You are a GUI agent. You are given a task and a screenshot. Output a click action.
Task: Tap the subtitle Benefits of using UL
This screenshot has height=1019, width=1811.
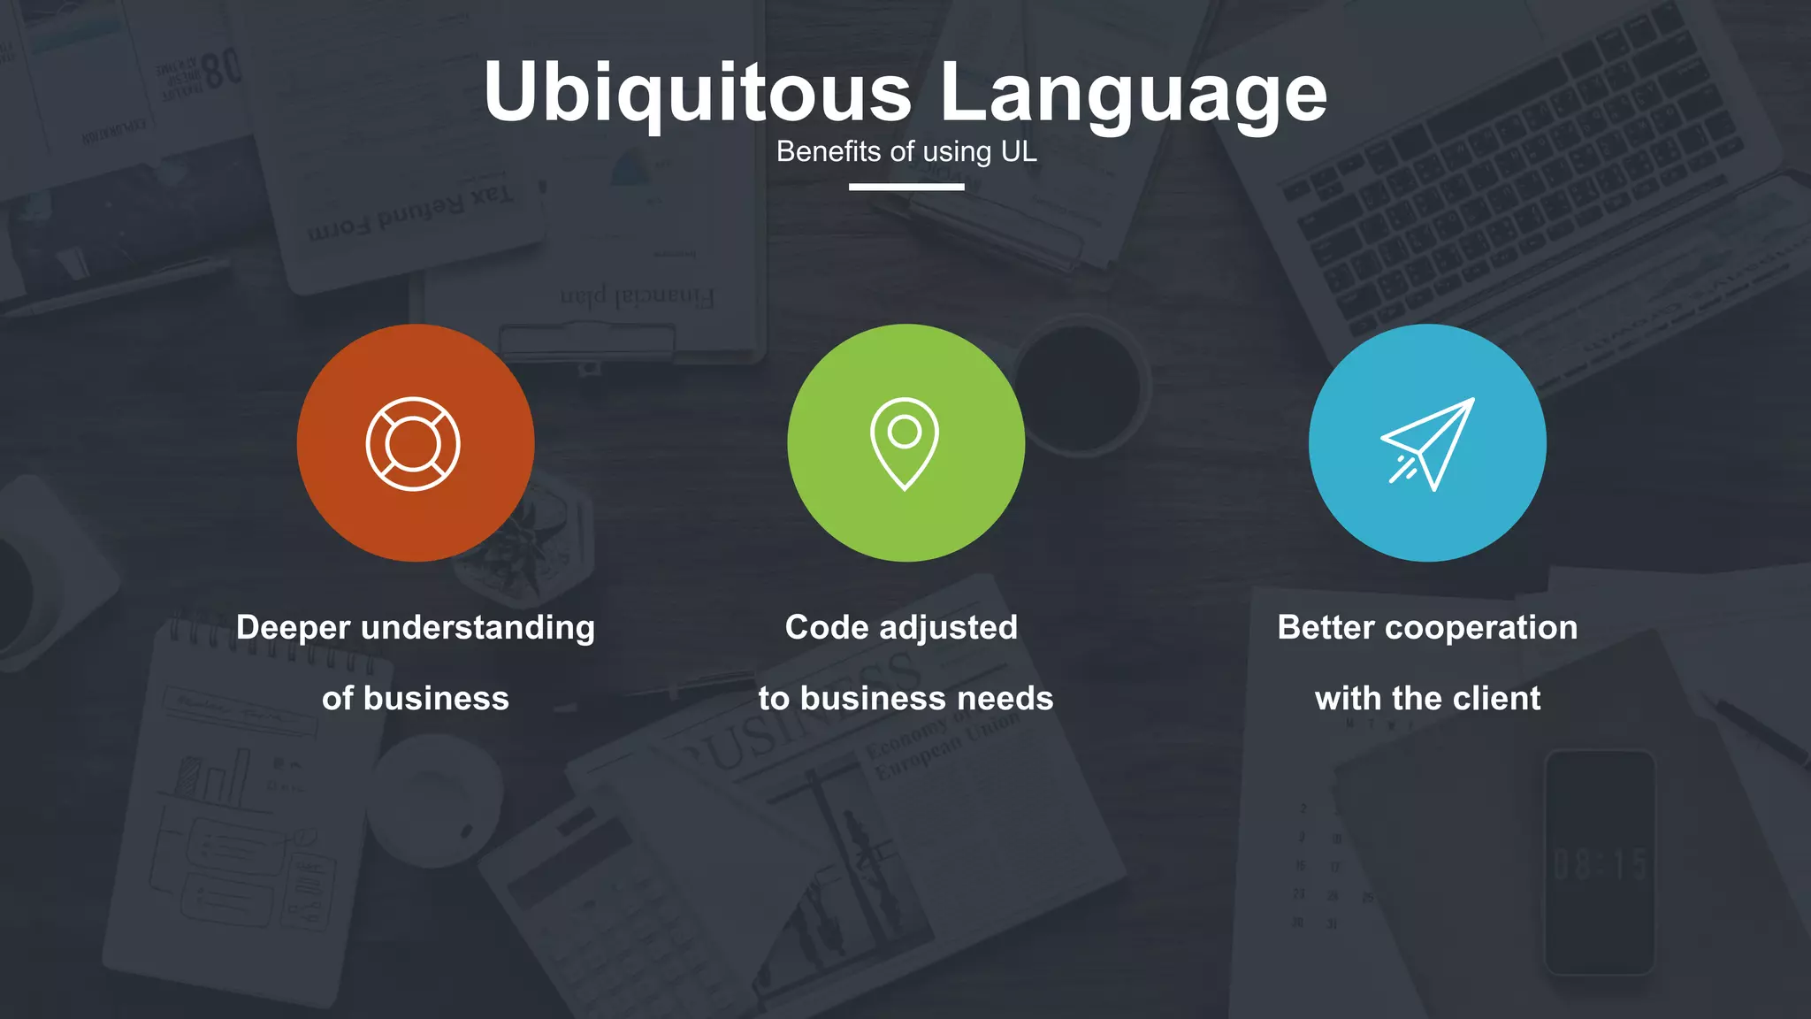tap(906, 151)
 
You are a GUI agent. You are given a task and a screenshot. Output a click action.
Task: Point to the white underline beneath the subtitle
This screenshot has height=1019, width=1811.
tap(906, 187)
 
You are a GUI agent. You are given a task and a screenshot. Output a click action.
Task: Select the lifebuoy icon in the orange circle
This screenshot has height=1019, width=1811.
tap(413, 443)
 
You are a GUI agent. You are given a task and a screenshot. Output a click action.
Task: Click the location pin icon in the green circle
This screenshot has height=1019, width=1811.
tap(905, 443)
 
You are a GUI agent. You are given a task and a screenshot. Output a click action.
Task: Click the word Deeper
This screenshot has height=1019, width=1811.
tap(294, 627)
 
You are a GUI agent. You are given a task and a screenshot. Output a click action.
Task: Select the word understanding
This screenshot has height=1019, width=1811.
tap(478, 628)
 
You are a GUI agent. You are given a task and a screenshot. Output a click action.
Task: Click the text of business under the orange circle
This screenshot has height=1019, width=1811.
tap(416, 699)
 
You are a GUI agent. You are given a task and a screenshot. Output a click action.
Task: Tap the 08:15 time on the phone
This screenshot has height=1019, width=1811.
tap(1600, 864)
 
